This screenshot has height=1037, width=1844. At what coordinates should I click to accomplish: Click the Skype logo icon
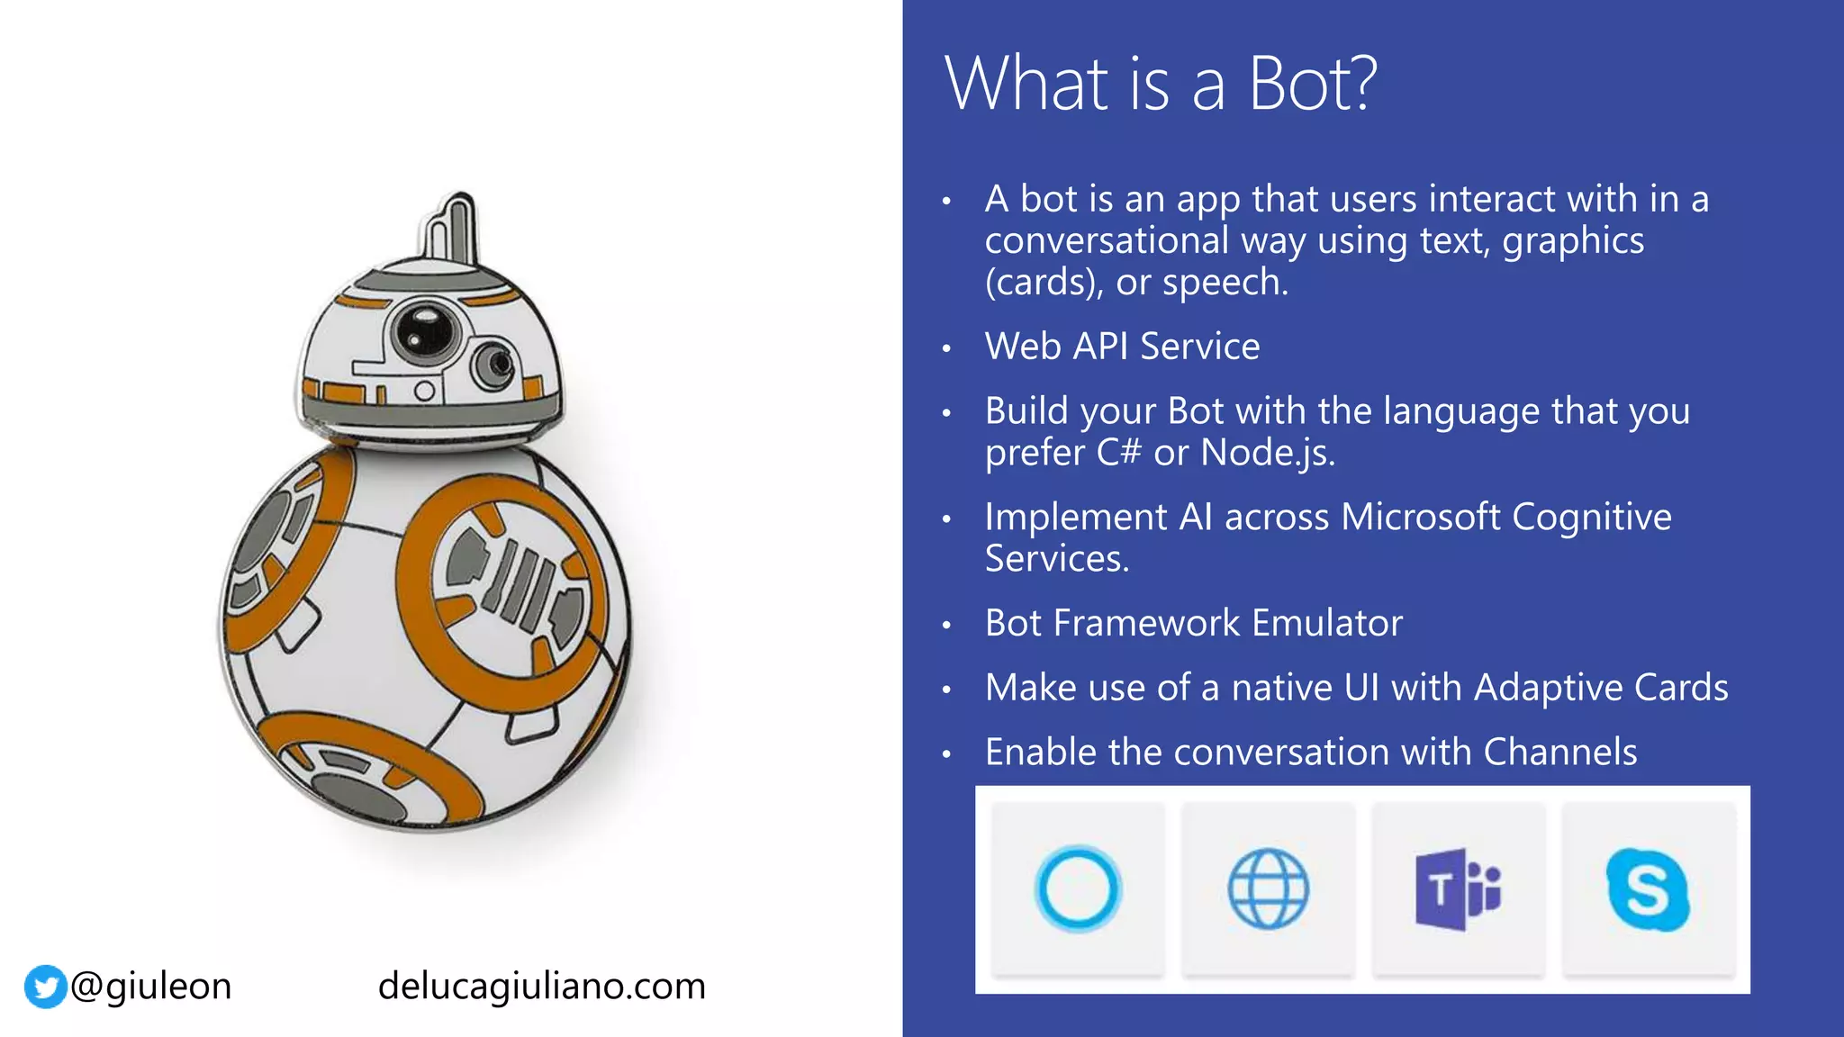pyautogui.click(x=1648, y=889)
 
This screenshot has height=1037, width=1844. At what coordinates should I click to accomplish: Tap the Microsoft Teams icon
pyautogui.click(x=1458, y=889)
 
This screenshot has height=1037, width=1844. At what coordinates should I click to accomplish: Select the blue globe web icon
pyautogui.click(x=1268, y=889)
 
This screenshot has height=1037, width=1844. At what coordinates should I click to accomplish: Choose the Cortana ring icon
pyautogui.click(x=1078, y=889)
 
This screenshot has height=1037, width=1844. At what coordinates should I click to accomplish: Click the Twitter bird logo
pyautogui.click(x=45, y=987)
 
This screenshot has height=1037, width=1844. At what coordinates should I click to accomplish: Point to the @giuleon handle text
pyautogui.click(x=151, y=987)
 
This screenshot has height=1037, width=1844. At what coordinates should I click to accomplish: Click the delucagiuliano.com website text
pyautogui.click(x=541, y=987)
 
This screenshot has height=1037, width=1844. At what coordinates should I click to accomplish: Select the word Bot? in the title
pyautogui.click(x=1312, y=84)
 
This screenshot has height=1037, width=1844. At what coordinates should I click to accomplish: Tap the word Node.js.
pyautogui.click(x=1267, y=452)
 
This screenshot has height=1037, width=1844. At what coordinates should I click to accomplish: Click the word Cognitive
pyautogui.click(x=1591, y=517)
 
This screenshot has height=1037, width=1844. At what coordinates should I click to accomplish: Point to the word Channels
pyautogui.click(x=1559, y=752)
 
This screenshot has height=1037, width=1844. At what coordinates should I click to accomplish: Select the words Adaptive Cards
pyautogui.click(x=1601, y=688)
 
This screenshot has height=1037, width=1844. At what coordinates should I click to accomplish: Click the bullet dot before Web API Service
pyautogui.click(x=946, y=347)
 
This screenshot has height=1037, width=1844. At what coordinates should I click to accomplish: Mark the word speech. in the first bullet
pyautogui.click(x=1225, y=283)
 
